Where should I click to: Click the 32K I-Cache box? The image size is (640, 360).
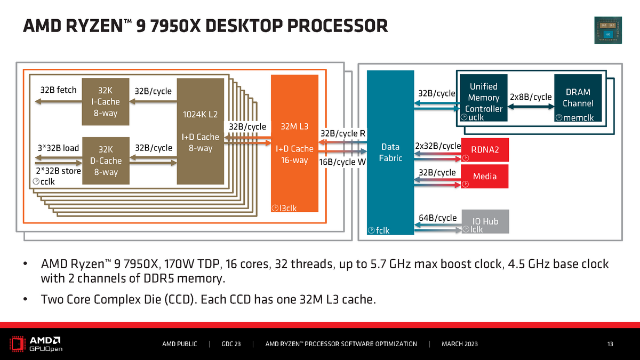coord(101,102)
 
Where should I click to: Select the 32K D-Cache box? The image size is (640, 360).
coord(101,161)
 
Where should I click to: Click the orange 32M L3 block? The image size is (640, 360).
coord(295,144)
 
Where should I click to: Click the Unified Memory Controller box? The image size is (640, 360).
coord(484,98)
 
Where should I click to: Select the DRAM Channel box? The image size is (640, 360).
coord(578,98)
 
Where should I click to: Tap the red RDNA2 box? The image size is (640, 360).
coord(485,150)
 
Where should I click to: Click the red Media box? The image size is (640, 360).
coord(485,177)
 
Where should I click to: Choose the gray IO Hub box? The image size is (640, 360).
coord(485,221)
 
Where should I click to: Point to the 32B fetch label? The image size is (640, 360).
coord(59,90)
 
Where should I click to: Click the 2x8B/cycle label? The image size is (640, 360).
coord(531,98)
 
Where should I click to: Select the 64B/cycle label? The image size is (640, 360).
coord(438,218)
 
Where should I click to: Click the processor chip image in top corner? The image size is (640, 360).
coord(608,30)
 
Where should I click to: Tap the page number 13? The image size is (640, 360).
coord(610,344)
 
